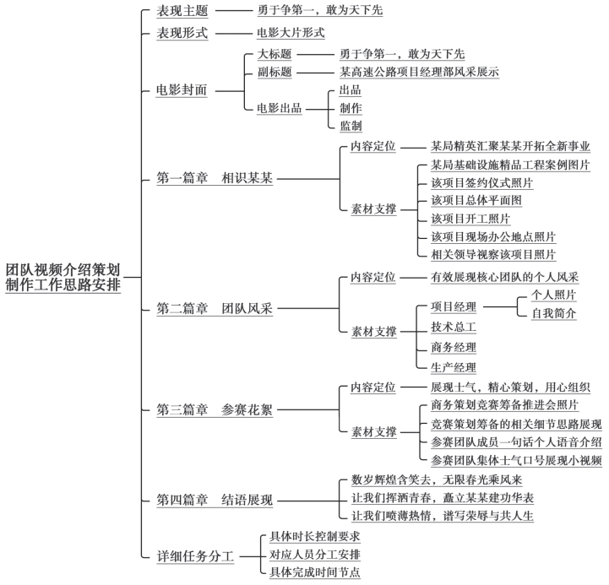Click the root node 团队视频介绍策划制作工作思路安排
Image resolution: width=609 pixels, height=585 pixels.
63,277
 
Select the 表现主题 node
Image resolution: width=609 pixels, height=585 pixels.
182,11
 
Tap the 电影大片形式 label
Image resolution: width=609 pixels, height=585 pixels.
291,33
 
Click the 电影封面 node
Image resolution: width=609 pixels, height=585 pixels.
182,90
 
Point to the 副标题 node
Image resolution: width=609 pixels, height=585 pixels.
275,72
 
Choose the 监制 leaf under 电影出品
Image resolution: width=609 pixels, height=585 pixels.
351,126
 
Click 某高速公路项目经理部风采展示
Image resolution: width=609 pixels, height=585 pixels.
419,72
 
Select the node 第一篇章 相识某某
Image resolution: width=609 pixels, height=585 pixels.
215,178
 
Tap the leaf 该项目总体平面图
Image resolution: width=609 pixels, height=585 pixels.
476,200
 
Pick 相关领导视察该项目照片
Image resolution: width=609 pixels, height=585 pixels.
493,255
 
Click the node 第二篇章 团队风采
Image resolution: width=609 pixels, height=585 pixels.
215,309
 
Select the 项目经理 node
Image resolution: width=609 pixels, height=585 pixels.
454,306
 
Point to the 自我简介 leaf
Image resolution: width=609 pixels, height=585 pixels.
553,313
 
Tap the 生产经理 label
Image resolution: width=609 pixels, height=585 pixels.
454,367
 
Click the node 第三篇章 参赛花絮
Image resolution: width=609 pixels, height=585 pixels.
215,410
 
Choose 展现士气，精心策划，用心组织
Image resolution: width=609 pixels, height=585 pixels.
510,387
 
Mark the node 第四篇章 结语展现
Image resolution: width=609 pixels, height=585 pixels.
215,500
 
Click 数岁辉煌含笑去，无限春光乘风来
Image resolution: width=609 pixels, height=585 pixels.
437,479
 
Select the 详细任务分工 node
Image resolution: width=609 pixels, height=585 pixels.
195,556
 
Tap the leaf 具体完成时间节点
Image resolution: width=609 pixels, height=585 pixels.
315,571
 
